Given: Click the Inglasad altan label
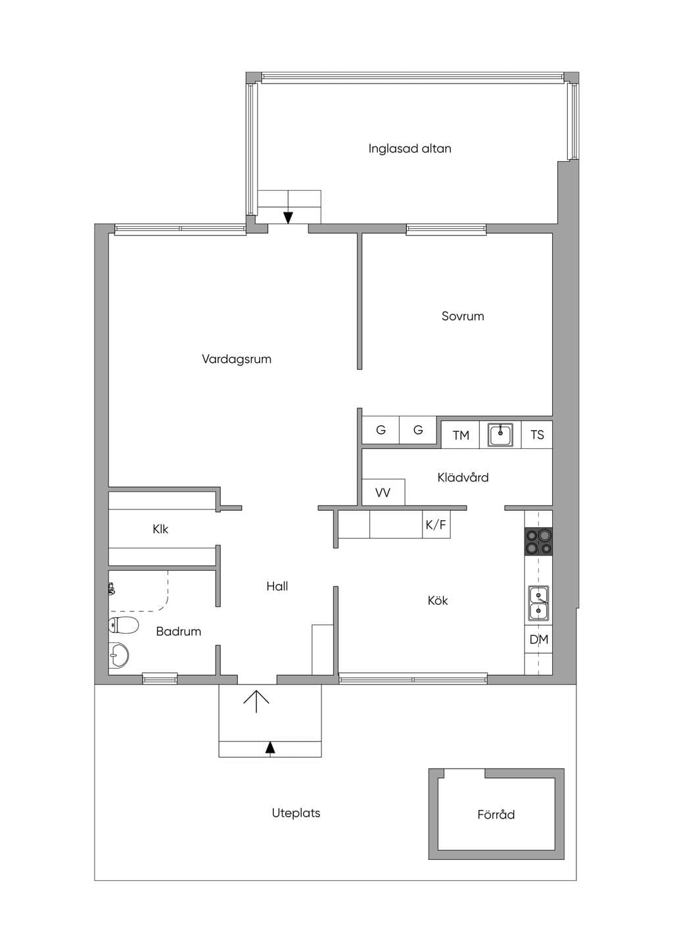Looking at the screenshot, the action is click(409, 149).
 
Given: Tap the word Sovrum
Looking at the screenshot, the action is click(463, 316).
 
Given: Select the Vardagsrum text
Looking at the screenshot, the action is click(237, 360).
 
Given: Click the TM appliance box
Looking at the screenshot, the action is click(461, 435).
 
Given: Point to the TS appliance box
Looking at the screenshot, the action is click(537, 435).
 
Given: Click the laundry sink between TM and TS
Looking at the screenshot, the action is click(501, 435).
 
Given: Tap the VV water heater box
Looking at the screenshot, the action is click(383, 492).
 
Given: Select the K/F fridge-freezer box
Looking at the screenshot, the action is click(436, 525).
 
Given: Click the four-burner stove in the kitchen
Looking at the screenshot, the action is click(539, 542).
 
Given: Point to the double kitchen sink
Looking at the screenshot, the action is click(538, 603).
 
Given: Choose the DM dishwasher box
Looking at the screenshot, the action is click(539, 639).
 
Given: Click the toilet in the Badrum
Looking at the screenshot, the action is click(124, 625).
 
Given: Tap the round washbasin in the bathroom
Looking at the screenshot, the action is click(118, 655).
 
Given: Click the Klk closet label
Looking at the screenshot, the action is click(160, 529).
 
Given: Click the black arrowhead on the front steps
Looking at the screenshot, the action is click(270, 748).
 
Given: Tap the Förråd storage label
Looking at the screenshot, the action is click(496, 815).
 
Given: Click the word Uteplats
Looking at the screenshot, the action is click(296, 813).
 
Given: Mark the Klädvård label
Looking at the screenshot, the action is click(463, 477).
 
